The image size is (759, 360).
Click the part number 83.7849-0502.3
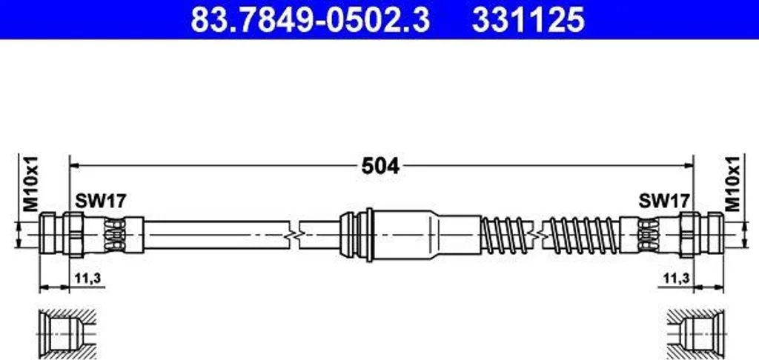click(x=311, y=20)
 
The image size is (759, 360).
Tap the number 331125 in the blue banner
click(x=528, y=20)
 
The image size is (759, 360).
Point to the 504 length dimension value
click(x=380, y=167)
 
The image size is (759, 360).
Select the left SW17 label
click(x=101, y=200)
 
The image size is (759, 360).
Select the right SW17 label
click(x=664, y=200)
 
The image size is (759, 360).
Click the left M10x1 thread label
click(x=30, y=184)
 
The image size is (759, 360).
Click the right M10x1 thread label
click(x=733, y=184)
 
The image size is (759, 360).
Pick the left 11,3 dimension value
click(x=84, y=278)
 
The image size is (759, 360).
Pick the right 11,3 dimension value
click(x=675, y=278)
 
